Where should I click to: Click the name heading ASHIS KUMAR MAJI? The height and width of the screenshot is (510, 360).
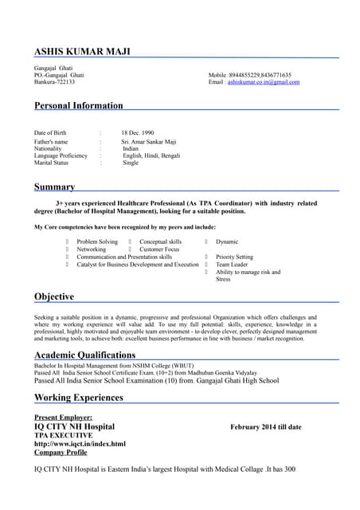tap(82, 52)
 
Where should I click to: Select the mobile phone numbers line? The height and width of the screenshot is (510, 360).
tap(249, 75)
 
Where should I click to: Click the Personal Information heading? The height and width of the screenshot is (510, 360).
tap(79, 105)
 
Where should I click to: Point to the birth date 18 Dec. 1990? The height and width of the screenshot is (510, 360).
tap(138, 132)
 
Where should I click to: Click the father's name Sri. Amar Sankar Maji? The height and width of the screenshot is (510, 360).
tap(149, 142)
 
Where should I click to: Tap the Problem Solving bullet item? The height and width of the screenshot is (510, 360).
tap(97, 241)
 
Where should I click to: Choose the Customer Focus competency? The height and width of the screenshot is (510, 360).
tap(159, 249)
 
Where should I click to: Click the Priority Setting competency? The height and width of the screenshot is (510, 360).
tap(234, 257)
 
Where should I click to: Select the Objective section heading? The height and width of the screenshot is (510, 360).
tap(54, 296)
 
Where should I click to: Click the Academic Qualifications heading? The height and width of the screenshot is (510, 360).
tap(84, 355)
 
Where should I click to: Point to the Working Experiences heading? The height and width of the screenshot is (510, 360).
tap(79, 397)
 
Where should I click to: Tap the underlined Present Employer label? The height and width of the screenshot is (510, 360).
tap(63, 418)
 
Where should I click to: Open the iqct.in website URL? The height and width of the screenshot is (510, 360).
tap(80, 444)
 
